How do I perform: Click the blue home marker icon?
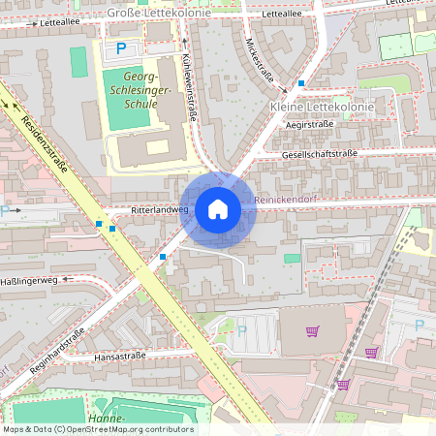(x=218, y=209)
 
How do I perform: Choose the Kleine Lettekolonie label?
(x=314, y=105)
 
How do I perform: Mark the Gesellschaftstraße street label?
(x=320, y=154)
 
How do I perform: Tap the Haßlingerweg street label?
(x=31, y=280)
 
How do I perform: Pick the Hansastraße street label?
(x=120, y=357)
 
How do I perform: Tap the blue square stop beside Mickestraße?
(x=301, y=84)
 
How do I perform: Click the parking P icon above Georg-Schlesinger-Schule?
(x=121, y=47)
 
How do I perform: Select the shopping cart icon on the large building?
(x=312, y=331)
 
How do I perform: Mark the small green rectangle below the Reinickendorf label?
(x=292, y=258)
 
